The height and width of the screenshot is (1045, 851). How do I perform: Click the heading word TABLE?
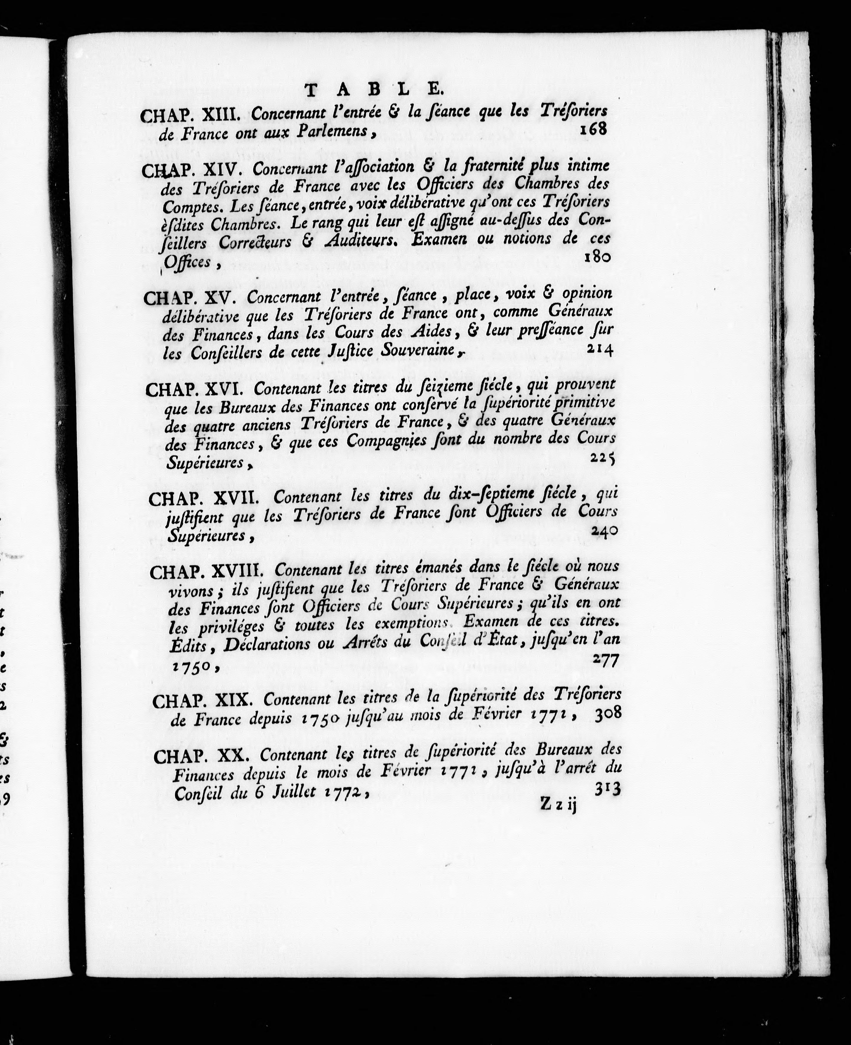[x=374, y=89]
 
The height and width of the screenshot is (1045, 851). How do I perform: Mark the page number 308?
[x=608, y=714]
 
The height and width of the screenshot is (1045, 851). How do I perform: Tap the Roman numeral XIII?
[x=221, y=115]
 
